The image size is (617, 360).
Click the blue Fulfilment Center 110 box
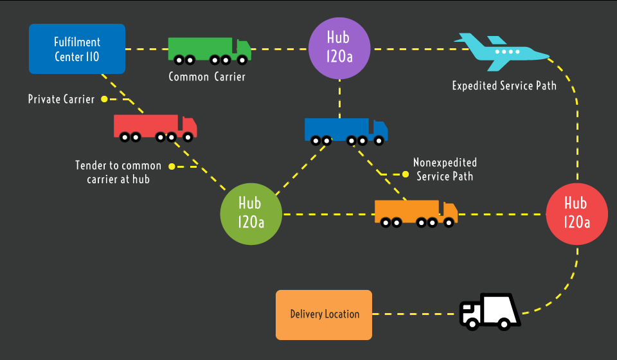pos(77,49)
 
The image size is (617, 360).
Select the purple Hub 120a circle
pos(339,49)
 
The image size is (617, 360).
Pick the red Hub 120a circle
pos(576,213)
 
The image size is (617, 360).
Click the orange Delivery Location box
pos(324,314)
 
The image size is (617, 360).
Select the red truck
pos(155,127)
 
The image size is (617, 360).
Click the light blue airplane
pos(501,51)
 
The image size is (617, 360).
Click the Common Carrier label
pos(207,76)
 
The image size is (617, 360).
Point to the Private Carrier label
pos(61,100)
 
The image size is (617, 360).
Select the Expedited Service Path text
pos(504,85)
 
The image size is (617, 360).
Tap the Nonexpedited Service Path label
pos(445,169)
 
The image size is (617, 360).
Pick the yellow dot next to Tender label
pos(172,166)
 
